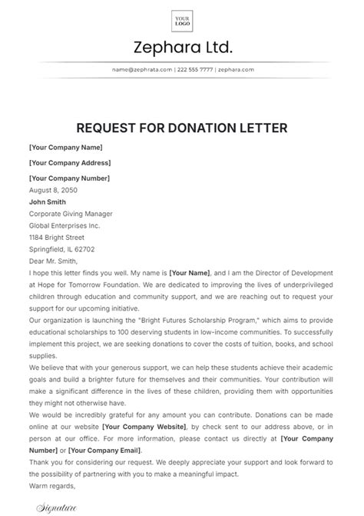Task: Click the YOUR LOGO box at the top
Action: [182, 20]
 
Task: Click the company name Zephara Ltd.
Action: [182, 48]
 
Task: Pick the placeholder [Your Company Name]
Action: [66, 147]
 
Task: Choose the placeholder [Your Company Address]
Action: [70, 162]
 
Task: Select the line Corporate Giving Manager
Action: [71, 215]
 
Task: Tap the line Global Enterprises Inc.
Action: [65, 227]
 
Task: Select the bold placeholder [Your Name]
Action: [190, 273]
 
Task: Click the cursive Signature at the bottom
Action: [58, 506]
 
